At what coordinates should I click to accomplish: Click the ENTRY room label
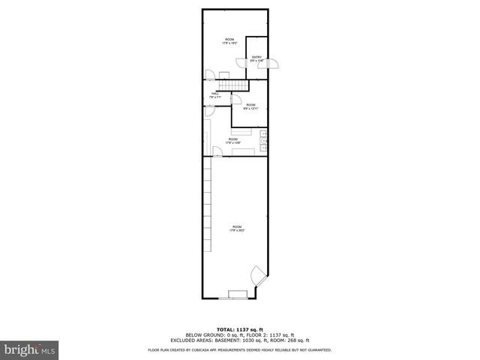257,58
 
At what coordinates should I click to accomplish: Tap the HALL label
214,95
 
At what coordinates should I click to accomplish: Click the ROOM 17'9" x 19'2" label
229,41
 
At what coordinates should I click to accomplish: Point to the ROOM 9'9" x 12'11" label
250,106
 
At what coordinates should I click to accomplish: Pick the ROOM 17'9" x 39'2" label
237,229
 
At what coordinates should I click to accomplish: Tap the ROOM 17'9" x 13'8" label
233,140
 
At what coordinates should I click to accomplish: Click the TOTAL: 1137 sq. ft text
239,329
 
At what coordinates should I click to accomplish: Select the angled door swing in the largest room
258,274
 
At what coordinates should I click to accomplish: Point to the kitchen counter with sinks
263,138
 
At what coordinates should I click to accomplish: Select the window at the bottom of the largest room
238,292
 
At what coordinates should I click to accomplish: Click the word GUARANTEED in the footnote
317,349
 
